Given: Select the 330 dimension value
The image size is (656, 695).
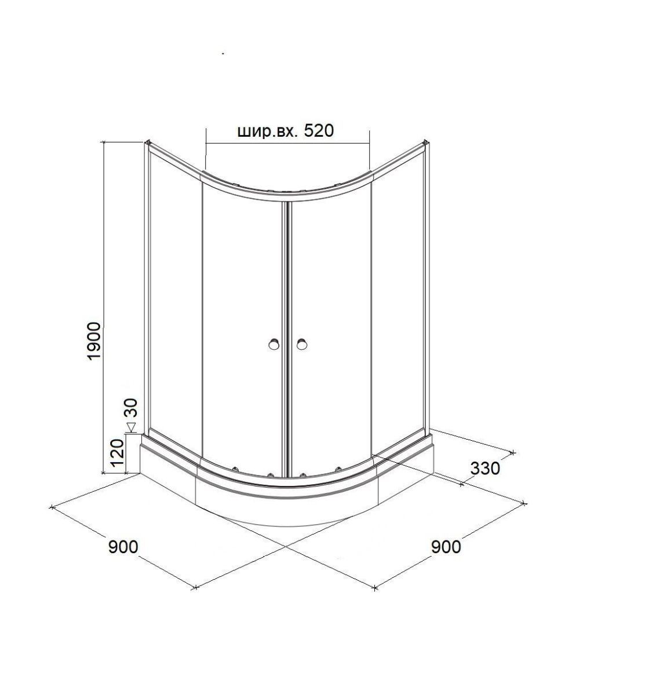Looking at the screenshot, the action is pos(485,469).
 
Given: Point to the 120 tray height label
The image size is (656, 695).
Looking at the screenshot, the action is pos(117,453).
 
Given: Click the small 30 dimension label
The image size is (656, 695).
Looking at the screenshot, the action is pos(132,407).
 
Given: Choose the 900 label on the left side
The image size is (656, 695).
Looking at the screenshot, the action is pos(123,547).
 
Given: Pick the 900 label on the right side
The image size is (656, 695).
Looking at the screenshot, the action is pos(446,547).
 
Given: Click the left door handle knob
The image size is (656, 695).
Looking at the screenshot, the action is pos(274,345).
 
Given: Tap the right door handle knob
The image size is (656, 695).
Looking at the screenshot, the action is pos(301,345).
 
